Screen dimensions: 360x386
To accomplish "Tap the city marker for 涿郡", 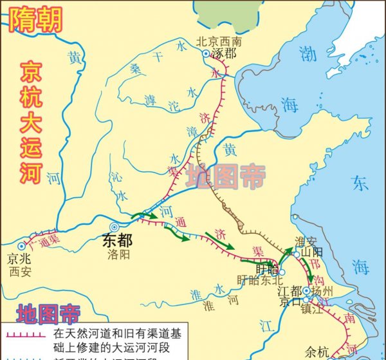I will (x=206, y=54).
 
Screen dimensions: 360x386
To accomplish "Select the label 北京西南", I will (x=219, y=41).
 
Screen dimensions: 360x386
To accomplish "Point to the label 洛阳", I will (x=118, y=254).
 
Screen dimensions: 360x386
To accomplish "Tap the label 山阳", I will (x=311, y=254).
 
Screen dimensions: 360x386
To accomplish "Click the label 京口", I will (x=290, y=301).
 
